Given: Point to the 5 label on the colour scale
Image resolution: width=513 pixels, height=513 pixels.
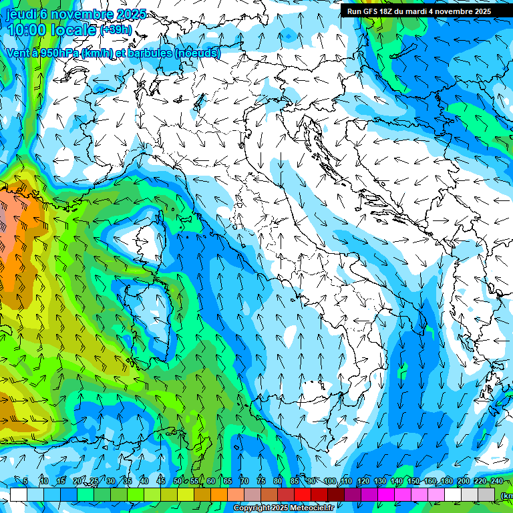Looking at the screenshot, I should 25,482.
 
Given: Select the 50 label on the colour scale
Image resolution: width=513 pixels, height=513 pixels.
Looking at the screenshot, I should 177,482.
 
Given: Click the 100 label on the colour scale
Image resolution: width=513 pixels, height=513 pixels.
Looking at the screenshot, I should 330,482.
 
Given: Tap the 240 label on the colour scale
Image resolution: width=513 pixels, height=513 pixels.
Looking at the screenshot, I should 496,482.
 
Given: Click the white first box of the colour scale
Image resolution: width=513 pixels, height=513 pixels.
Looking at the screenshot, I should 18,494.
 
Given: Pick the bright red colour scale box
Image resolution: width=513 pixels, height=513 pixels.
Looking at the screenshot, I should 303,494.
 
